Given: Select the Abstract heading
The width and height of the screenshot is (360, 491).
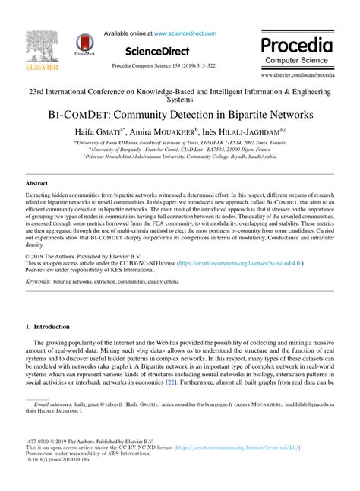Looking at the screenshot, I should pos(36,185).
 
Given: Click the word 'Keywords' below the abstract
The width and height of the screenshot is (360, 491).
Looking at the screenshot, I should pos(38,281).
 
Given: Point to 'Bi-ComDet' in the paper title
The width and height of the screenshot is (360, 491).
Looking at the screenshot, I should pos(85,116).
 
